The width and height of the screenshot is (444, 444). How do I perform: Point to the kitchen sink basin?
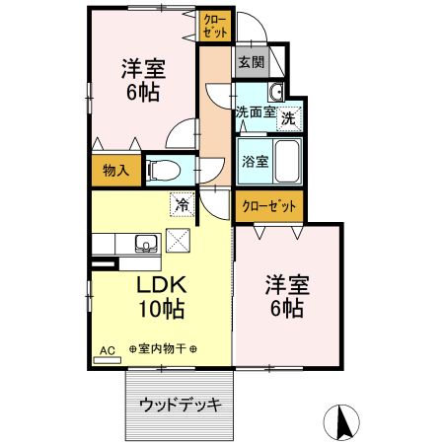pos(143,243)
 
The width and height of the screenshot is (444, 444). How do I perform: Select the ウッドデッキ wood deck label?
pos(179,404)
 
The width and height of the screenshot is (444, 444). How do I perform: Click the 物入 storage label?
pos(115,170)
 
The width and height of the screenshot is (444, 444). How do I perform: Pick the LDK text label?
pos(155,286)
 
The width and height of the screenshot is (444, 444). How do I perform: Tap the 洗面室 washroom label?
pos(256,112)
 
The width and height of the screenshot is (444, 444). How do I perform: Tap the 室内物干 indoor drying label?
pos(162,349)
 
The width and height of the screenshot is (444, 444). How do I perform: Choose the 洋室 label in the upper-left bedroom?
pos(142,70)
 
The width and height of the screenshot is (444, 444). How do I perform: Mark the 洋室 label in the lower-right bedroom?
pos(286,286)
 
